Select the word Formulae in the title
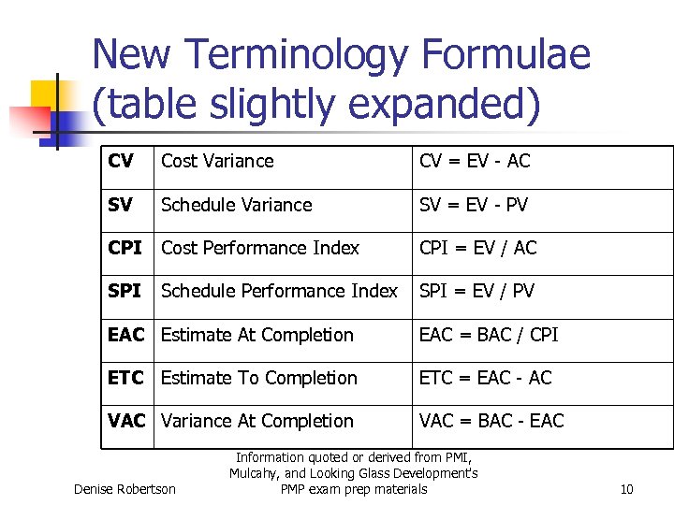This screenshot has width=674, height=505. click(505, 56)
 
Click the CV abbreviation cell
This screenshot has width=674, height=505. click(121, 162)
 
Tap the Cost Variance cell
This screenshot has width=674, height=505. click(217, 162)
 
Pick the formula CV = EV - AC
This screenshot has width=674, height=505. click(475, 162)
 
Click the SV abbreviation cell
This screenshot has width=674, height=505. click(121, 205)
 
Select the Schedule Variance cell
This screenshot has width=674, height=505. click(237, 205)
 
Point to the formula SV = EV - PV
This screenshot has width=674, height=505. click(474, 205)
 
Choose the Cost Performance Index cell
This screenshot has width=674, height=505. click(260, 248)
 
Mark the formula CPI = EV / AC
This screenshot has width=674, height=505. click(478, 248)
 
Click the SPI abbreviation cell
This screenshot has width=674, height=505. click(125, 291)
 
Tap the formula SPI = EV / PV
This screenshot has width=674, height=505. click(477, 291)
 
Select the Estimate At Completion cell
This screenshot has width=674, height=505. click(257, 335)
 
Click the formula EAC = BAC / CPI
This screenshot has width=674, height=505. click(489, 335)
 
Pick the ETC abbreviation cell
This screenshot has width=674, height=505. click(125, 378)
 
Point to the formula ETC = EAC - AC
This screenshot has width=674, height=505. click(486, 378)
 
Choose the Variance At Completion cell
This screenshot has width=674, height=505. click(257, 421)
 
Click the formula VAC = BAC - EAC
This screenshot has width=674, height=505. click(491, 421)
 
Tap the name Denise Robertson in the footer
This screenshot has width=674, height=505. click(125, 489)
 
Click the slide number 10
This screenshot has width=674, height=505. click(627, 489)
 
